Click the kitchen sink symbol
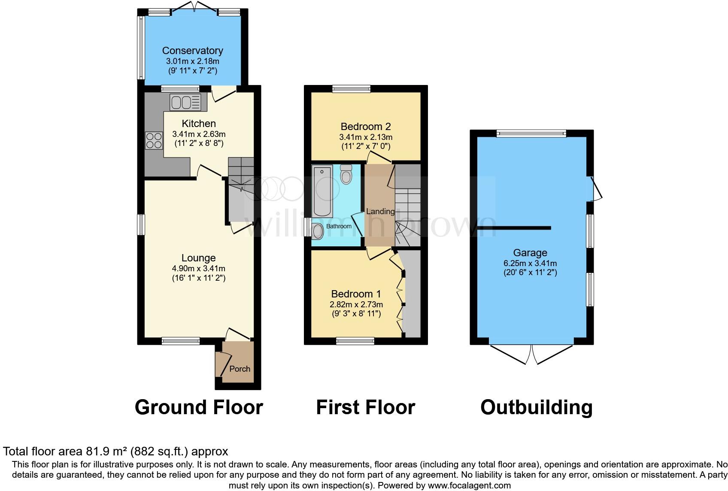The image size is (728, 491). pyautogui.click(x=185, y=102)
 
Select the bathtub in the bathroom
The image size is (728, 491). pyautogui.click(x=322, y=192)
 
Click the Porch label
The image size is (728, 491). pyautogui.click(x=240, y=369)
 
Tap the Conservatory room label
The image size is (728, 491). pyautogui.click(x=192, y=51)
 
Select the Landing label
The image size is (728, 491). pyautogui.click(x=380, y=211)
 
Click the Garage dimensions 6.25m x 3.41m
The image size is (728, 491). pyautogui.click(x=530, y=263)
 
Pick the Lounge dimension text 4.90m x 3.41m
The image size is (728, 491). pyautogui.click(x=198, y=269)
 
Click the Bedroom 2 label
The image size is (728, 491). pyautogui.click(x=366, y=127)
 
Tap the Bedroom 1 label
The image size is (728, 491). pyautogui.click(x=356, y=294)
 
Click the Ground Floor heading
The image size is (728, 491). pyautogui.click(x=199, y=407)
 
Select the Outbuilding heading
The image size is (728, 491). pyautogui.click(x=536, y=407)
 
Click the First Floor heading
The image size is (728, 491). pyautogui.click(x=365, y=407)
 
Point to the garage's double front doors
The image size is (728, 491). pyautogui.click(x=531, y=354)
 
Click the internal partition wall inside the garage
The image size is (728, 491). pyautogui.click(x=514, y=228)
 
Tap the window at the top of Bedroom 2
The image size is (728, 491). pyautogui.click(x=351, y=89)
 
